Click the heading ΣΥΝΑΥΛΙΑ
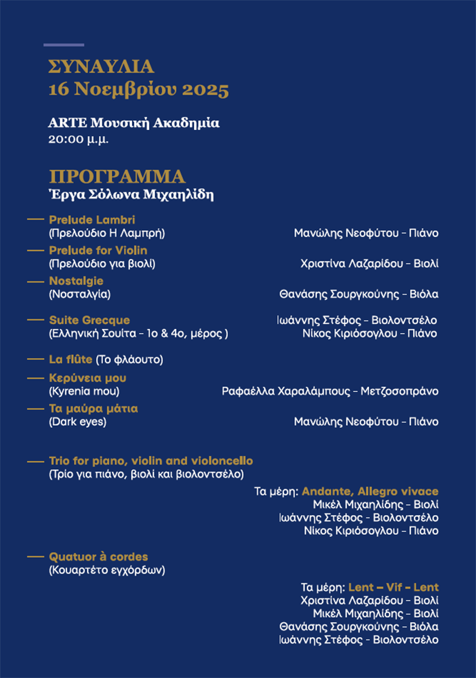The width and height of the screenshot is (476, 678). tap(101, 67)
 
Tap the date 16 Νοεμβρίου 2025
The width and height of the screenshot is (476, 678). tap(138, 90)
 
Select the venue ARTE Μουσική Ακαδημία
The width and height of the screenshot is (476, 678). tap(134, 123)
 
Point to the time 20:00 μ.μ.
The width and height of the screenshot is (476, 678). tap(79, 139)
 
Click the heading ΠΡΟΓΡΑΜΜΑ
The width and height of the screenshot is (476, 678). tap(117, 176)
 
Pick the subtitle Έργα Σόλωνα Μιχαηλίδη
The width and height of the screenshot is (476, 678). tap(131, 195)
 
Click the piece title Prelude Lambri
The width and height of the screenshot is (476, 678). tap(92, 220)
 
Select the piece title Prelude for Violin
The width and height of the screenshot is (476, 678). tap(98, 250)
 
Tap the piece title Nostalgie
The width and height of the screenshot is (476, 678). tap(76, 281)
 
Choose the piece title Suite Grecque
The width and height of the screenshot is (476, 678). tap(89, 320)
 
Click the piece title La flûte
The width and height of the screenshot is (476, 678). tap(71, 359)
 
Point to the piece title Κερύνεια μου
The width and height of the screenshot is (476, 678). tap(88, 378)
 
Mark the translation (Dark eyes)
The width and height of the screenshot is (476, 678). tap(77, 422)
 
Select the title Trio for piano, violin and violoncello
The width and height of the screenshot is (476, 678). tap(151, 461)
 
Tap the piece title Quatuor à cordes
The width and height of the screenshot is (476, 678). tap(98, 557)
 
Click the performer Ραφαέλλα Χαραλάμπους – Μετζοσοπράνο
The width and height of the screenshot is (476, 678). tap(330, 391)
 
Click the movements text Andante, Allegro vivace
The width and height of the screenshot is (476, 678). tap(370, 491)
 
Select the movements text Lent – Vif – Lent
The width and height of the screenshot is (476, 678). tap(393, 587)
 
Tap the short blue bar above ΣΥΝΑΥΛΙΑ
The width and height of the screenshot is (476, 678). tap(64, 45)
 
